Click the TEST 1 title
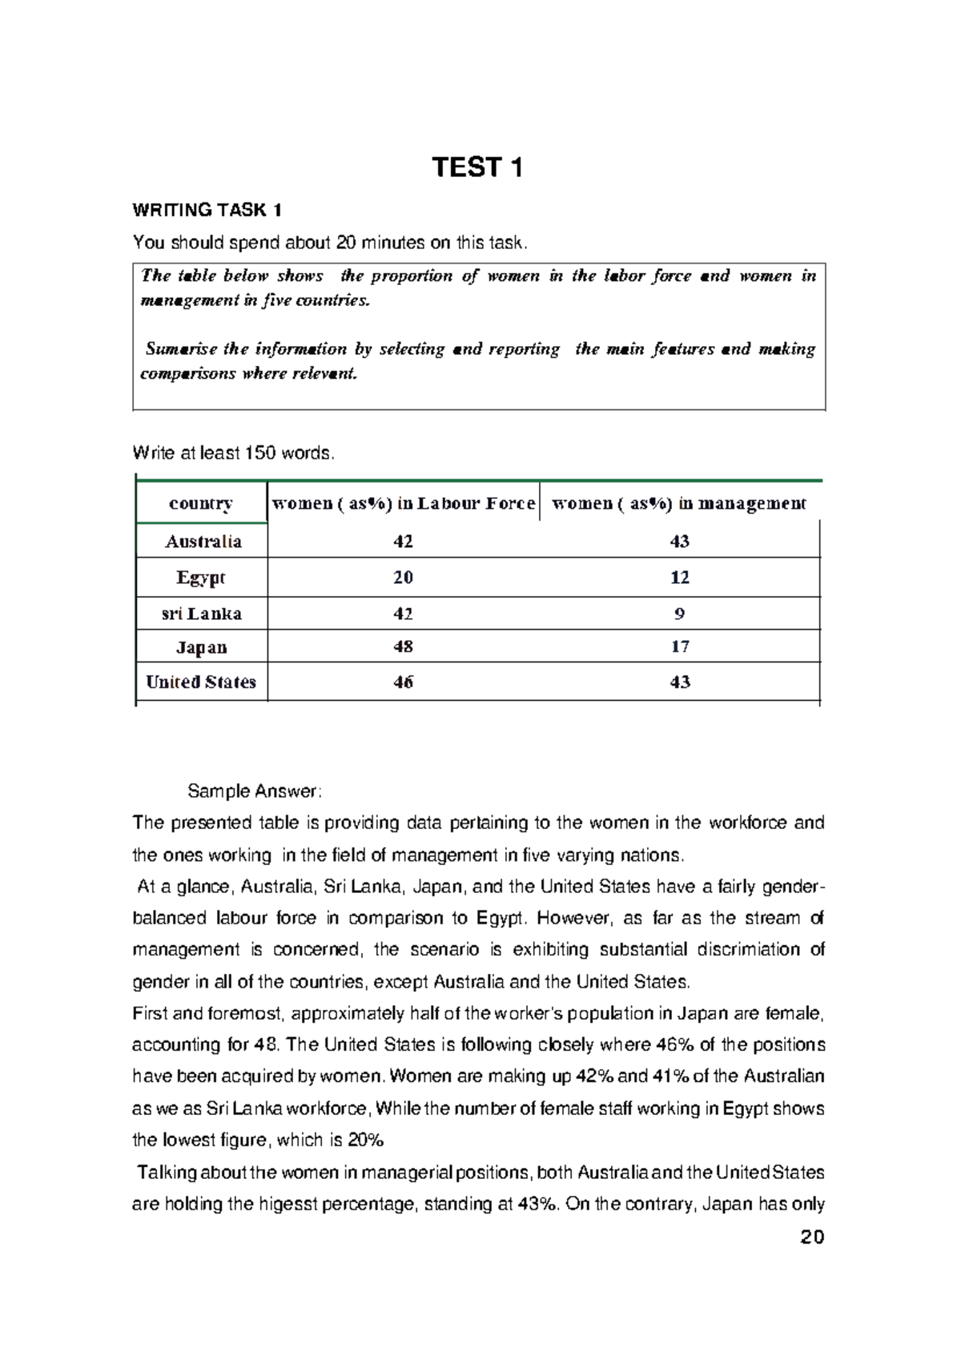pyautogui.click(x=477, y=167)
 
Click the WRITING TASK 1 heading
pyautogui.click(x=207, y=211)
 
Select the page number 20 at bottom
pyautogui.click(x=811, y=1237)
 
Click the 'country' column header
pyautogui.click(x=201, y=504)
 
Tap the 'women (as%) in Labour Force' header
pyautogui.click(x=404, y=504)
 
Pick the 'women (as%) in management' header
pyautogui.click(x=679, y=504)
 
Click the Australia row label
pyautogui.click(x=203, y=541)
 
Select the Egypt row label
pyautogui.click(x=201, y=577)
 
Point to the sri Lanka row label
pyautogui.click(x=201, y=614)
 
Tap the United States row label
pyautogui.click(x=201, y=682)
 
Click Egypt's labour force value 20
pyautogui.click(x=403, y=577)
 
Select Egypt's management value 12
pyautogui.click(x=679, y=577)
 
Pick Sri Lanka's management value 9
pyautogui.click(x=679, y=614)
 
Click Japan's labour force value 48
pyautogui.click(x=403, y=647)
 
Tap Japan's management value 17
pyautogui.click(x=679, y=647)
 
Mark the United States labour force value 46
pyautogui.click(x=403, y=682)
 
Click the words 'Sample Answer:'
pyautogui.click(x=254, y=791)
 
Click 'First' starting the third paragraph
pyautogui.click(x=150, y=1014)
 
